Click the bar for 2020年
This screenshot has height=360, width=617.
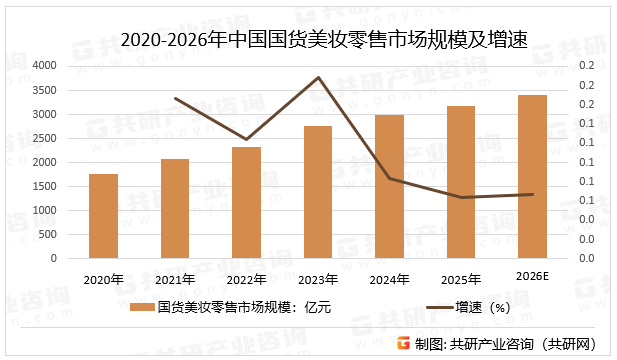103,216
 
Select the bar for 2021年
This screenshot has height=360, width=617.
175,208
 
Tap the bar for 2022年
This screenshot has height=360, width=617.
246,202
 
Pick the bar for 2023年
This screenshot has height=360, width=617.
317,192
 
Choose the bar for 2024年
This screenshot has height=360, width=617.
389,186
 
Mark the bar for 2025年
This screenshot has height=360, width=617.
460,182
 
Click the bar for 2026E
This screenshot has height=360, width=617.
532,176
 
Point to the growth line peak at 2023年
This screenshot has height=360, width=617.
318,77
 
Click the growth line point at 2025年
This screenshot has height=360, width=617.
460,197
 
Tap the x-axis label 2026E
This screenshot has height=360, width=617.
532,277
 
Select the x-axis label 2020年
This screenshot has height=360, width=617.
103,279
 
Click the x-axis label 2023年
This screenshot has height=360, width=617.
317,279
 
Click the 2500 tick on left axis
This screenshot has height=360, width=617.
44,138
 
